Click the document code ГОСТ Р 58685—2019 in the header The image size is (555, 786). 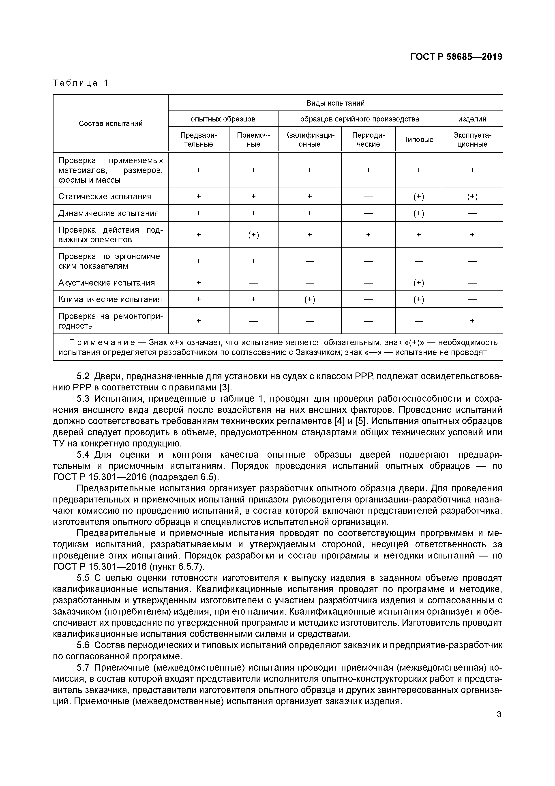coord(456,57)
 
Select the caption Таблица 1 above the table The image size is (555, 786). coord(81,83)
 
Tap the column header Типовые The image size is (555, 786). coord(419,140)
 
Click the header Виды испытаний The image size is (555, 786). coord(335,103)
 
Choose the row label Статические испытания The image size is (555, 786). coord(105,197)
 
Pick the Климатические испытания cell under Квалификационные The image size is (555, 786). coord(309,300)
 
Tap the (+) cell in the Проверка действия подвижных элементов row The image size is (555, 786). coord(253,235)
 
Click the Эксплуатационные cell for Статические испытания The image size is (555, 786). coord(472,197)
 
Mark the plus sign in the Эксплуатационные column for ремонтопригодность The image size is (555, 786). coord(472,321)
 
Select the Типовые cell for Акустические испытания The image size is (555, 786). coord(419,283)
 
